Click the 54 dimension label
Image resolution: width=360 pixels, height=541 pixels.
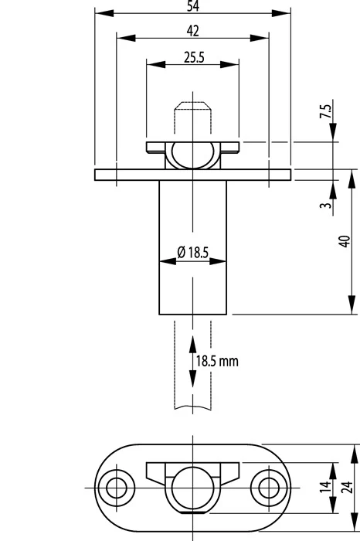(193, 6)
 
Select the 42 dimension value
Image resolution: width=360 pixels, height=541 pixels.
(193, 31)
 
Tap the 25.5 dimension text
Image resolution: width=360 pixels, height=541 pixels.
(194, 57)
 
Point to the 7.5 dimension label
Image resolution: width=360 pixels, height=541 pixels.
(325, 111)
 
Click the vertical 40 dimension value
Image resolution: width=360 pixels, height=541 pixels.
(345, 241)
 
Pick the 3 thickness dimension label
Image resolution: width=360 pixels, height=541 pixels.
(325, 206)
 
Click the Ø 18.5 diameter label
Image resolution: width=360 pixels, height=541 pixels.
(193, 253)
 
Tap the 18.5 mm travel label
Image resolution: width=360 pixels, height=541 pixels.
(217, 361)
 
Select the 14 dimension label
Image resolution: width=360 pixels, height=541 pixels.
(325, 487)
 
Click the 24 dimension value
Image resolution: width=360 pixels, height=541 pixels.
(348, 487)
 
